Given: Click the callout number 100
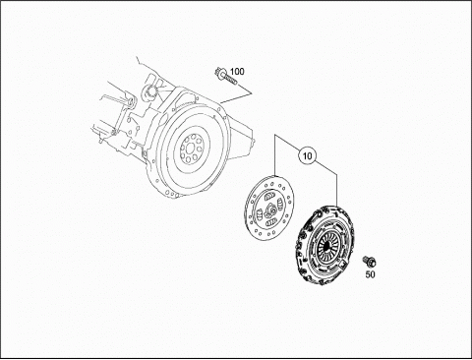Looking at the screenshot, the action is point(237,71).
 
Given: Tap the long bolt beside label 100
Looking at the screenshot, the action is point(225,77).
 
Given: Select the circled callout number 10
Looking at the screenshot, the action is point(307,155).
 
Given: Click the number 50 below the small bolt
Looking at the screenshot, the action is point(370,274).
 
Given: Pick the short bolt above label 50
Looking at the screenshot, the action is point(369,262).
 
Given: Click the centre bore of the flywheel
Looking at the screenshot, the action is point(190,149).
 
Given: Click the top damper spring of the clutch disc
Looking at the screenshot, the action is point(268,197).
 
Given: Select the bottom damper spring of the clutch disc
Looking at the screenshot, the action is point(270,223).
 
